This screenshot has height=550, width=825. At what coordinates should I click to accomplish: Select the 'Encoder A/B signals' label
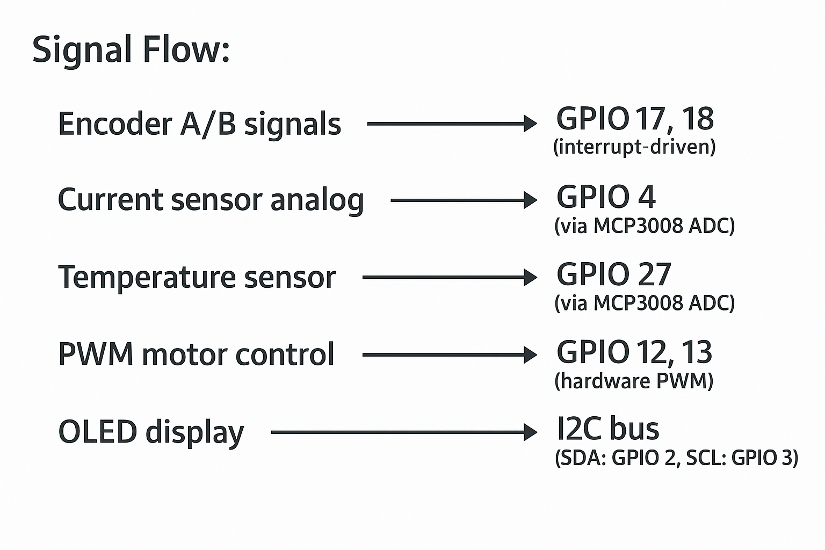[199, 124]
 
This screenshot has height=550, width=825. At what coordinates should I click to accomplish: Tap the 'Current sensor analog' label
[211, 200]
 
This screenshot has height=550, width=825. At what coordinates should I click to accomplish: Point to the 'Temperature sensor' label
[197, 278]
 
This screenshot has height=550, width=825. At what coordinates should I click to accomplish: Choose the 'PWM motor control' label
[196, 354]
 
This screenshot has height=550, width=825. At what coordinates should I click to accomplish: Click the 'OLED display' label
[151, 432]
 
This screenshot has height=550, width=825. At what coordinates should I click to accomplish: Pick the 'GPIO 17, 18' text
[635, 119]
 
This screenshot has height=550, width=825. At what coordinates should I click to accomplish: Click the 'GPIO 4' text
[606, 197]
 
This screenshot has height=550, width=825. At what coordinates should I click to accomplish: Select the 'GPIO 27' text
[614, 274]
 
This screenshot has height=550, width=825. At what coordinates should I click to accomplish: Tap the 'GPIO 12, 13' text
[634, 352]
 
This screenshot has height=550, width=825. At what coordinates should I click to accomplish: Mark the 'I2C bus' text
[607, 429]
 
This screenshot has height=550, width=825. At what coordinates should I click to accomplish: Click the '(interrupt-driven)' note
[634, 147]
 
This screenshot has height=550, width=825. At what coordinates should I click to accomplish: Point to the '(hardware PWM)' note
[634, 381]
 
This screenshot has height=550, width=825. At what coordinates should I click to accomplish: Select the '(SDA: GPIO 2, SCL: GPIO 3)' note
[676, 458]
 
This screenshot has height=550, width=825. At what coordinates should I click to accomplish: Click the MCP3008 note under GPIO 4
[644, 226]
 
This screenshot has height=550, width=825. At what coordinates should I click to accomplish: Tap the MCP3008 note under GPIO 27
[644, 303]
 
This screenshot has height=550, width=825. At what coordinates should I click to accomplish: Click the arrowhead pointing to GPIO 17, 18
[530, 124]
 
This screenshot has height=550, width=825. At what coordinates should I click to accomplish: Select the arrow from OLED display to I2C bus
[403, 432]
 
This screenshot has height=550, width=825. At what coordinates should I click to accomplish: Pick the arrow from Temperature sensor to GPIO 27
[448, 278]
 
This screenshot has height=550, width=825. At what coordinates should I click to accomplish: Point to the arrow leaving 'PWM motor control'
[448, 354]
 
